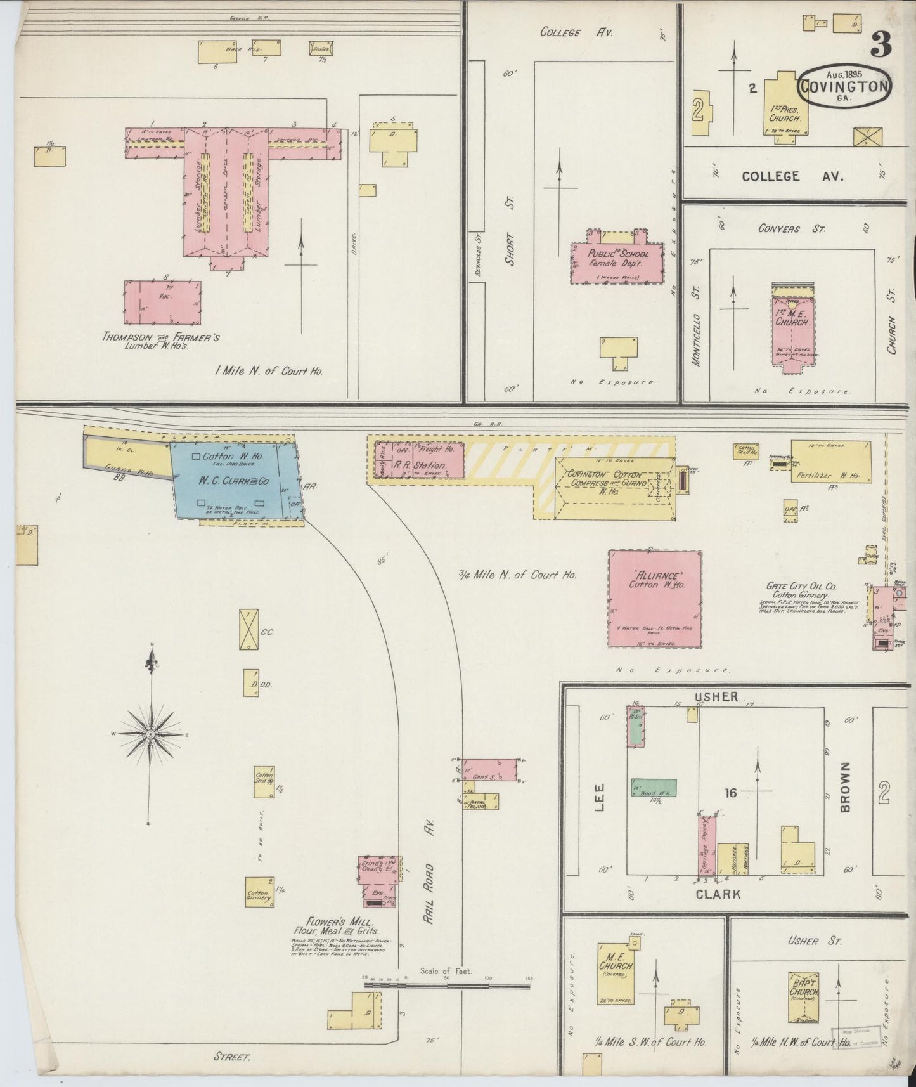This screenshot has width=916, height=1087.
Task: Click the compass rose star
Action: point(151,734)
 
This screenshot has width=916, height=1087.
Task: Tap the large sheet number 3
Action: point(881,44)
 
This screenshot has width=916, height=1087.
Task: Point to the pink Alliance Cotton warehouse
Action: point(655,598)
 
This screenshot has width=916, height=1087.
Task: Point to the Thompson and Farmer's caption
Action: point(160,340)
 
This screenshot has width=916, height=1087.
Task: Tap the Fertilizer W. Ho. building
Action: point(830,462)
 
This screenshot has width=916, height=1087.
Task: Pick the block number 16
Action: point(731,791)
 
